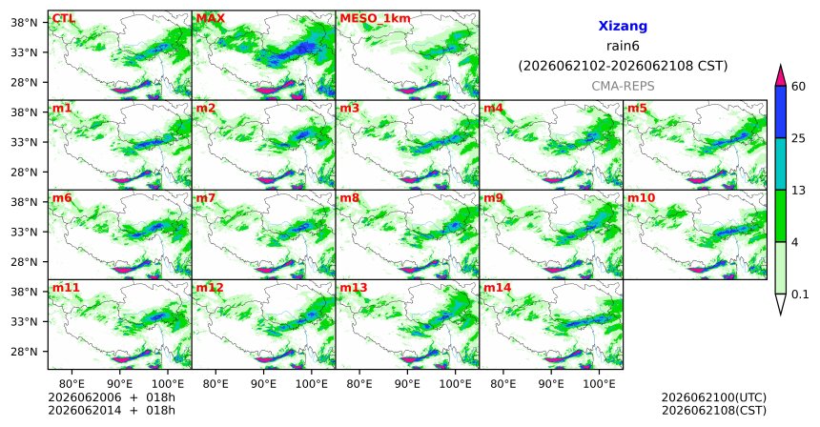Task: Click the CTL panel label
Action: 64,19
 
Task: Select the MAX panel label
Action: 210,19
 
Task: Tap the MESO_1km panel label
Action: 375,19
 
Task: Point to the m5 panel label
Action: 637,109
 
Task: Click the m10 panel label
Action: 641,198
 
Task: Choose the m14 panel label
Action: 497,288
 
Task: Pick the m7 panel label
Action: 206,198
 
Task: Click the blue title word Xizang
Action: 623,26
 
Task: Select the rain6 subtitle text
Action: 623,46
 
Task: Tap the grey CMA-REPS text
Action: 623,86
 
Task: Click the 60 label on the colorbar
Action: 799,86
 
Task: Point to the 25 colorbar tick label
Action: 799,138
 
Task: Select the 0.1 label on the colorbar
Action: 800,295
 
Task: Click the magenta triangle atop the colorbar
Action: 781,76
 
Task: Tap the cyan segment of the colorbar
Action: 781,164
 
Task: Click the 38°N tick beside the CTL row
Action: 25,23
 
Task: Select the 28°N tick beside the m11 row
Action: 25,351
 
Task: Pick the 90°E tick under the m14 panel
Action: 551,384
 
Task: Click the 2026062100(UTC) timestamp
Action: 714,398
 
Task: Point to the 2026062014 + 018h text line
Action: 112,410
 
